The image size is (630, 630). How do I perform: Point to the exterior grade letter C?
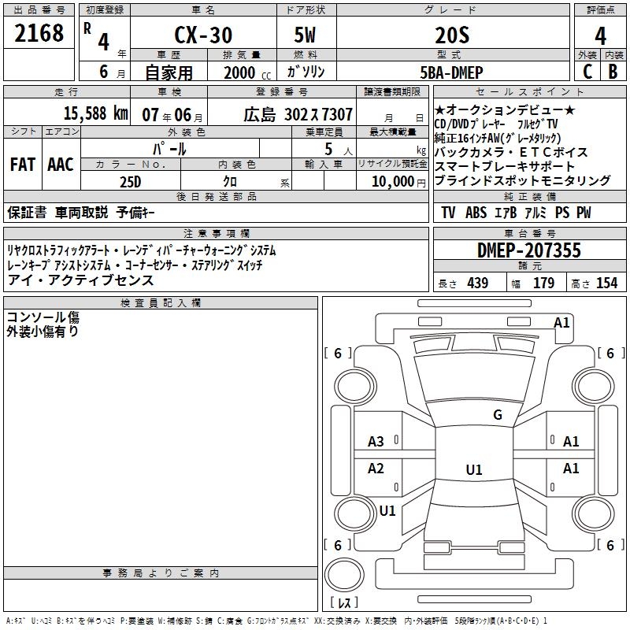pyautogui.click(x=587, y=71)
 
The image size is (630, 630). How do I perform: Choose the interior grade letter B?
pyautogui.click(x=613, y=71)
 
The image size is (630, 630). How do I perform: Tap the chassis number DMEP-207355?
pyautogui.click(x=529, y=250)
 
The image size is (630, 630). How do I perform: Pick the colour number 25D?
pyautogui.click(x=130, y=181)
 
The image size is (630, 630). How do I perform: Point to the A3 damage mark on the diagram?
pyautogui.click(x=376, y=442)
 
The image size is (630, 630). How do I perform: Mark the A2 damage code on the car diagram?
pyautogui.click(x=376, y=469)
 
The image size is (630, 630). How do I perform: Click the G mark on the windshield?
pyautogui.click(x=497, y=415)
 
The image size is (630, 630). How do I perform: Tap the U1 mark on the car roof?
pyautogui.click(x=473, y=470)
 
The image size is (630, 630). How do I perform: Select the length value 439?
pyautogui.click(x=477, y=283)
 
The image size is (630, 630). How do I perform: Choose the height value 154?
pyautogui.click(x=606, y=283)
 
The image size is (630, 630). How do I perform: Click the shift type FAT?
pyautogui.click(x=23, y=165)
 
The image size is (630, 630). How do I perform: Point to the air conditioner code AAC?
pyautogui.click(x=61, y=165)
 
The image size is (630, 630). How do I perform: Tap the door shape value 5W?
pyautogui.click(x=305, y=35)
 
